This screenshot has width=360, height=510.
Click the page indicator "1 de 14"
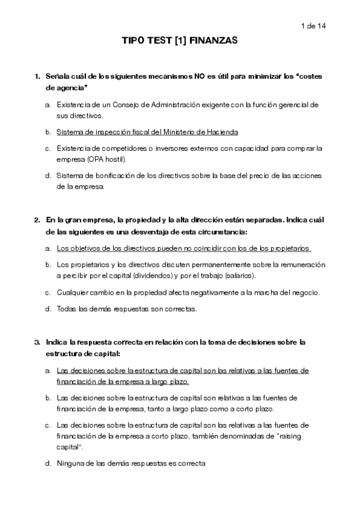[x=313, y=26]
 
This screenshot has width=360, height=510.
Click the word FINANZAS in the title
[x=216, y=41]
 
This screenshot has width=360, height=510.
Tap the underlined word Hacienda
[x=220, y=131]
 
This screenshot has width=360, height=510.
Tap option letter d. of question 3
[x=47, y=464]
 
